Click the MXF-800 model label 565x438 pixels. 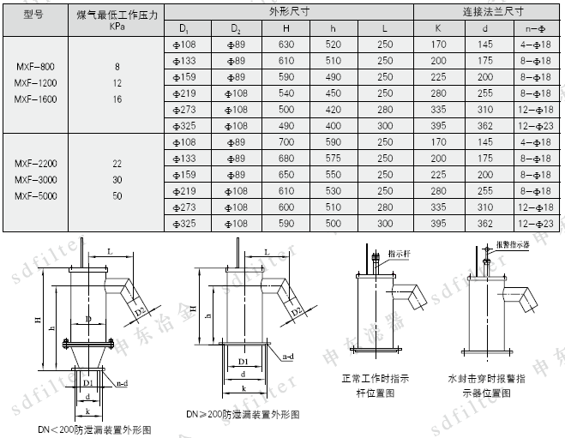click(x=34, y=66)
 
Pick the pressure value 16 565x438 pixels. click(x=117, y=99)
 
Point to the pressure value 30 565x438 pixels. click(x=117, y=179)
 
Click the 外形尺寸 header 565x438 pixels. click(x=287, y=12)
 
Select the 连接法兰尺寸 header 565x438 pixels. click(x=486, y=12)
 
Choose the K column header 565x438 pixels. click(x=438, y=27)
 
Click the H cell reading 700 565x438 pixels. click(x=286, y=141)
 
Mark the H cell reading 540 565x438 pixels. click(x=286, y=93)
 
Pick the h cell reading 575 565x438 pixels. click(x=334, y=158)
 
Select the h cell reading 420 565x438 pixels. click(x=334, y=110)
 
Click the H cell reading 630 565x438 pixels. click(x=286, y=44)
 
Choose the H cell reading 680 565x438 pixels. click(x=286, y=158)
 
